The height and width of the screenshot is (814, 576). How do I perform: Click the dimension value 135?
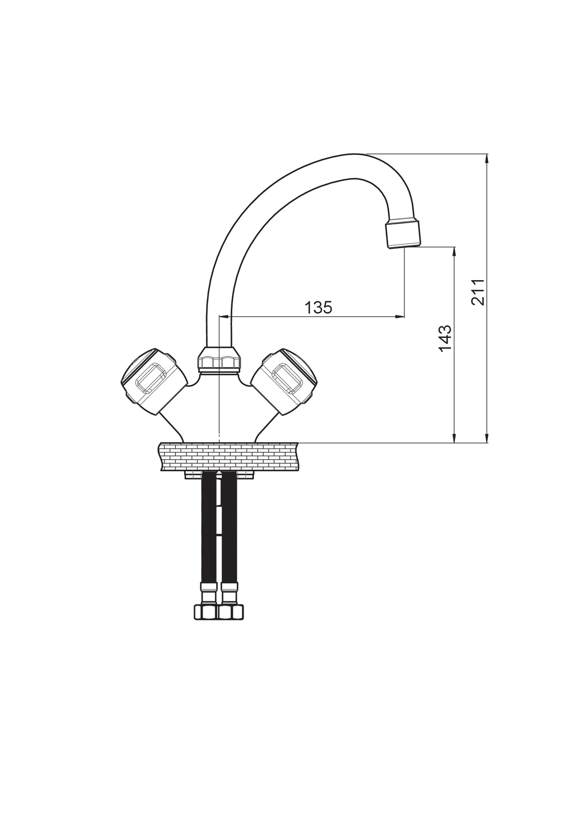[318, 308]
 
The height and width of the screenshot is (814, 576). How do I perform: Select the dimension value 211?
[478, 292]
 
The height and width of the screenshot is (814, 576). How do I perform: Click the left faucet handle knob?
[153, 380]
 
